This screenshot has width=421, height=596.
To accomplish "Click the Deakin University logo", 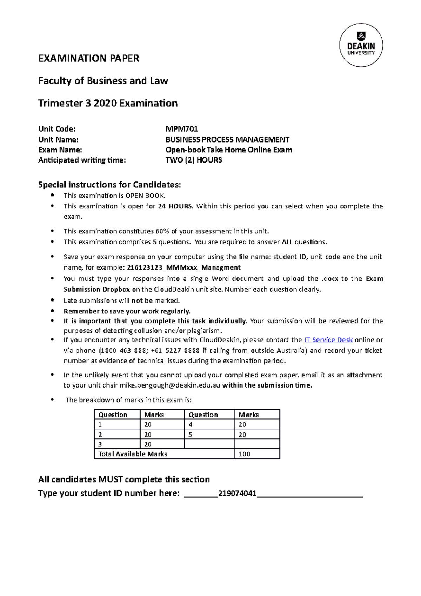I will point(361,45).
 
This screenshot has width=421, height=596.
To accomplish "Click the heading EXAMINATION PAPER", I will point(89,58).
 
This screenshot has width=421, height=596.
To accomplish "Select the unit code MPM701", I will point(182,129).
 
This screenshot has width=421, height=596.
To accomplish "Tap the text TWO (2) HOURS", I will point(194,160).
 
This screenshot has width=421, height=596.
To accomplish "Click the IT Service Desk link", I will point(328,340).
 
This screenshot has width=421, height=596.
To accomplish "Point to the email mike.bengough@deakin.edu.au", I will point(170,385).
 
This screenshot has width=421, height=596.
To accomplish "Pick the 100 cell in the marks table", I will point(245,454).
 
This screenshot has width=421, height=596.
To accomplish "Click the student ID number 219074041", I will point(237,494).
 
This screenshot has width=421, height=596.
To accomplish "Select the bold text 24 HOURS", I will point(175,206).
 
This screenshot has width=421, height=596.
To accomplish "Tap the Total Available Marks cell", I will point(133,454).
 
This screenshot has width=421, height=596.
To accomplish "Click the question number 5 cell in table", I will point(191,435).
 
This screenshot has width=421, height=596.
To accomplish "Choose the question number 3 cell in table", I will point(100,444).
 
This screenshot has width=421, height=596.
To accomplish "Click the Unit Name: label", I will point(58,140).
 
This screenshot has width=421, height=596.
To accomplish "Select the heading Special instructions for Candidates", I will point(109,185).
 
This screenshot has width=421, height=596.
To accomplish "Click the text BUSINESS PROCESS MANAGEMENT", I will point(227,140).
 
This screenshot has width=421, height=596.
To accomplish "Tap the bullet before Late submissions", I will point(53,300).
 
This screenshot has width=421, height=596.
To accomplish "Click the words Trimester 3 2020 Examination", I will point(108,103).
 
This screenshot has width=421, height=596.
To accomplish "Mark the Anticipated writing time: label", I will point(82,160).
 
